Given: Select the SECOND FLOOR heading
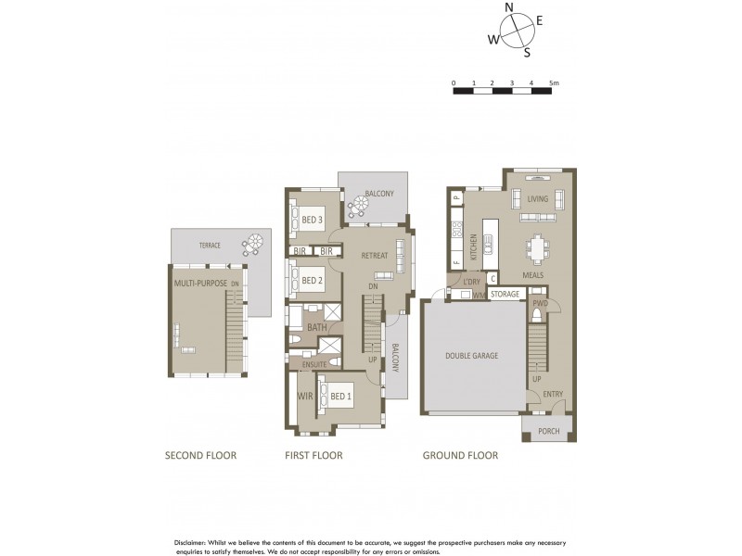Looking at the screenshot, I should [200, 455].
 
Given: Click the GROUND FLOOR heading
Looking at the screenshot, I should [460, 455].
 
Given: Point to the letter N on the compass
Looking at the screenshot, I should [508, 7].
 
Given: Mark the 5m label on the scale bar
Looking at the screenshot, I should [554, 83].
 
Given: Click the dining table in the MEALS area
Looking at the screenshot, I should [537, 247].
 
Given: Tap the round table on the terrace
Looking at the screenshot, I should [251, 246].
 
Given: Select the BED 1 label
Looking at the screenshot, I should [340, 398].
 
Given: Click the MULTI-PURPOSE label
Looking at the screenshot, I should [199, 284].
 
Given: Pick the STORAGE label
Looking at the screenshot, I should [505, 294].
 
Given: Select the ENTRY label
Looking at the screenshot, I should [553, 394].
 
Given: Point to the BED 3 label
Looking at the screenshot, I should [312, 220].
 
